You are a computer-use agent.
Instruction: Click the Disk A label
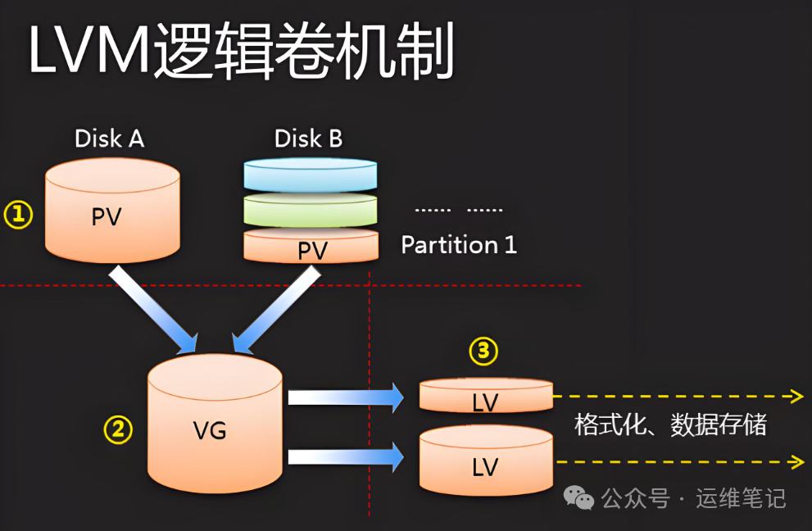point(109,138)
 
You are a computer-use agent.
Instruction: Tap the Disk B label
point(309,138)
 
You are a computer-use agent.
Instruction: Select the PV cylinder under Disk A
point(112,211)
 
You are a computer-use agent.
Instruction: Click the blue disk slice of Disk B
point(311,175)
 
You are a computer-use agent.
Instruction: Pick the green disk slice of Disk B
point(311,210)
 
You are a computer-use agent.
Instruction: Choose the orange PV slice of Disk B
point(311,246)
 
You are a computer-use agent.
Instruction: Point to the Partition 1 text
point(459,244)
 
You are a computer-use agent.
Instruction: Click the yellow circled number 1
point(19,215)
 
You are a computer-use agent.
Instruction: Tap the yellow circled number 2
point(118,429)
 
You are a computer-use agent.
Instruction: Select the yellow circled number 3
point(483,352)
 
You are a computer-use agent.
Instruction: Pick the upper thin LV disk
point(486,395)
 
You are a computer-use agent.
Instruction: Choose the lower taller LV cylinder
point(486,460)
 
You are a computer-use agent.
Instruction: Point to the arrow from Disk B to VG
point(276,310)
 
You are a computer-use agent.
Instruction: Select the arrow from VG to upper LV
point(346,398)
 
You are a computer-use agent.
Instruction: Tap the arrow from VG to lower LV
point(346,457)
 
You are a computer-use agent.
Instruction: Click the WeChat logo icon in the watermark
point(578,498)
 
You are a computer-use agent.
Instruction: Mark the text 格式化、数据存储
point(670,424)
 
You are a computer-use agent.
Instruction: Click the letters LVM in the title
point(89,50)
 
